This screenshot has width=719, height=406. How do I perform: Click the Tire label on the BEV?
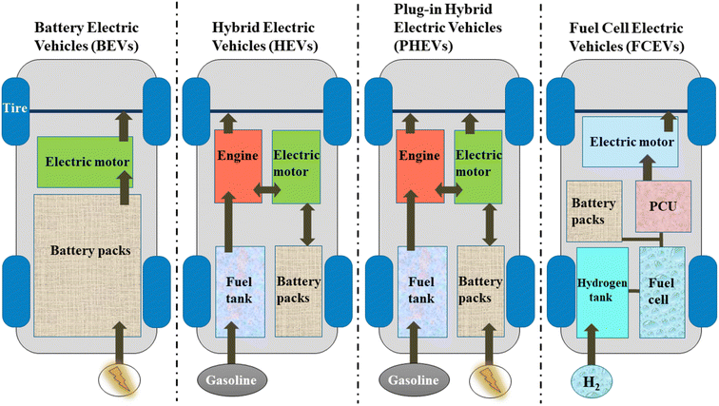[15, 109]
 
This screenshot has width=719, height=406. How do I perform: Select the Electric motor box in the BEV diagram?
[85, 161]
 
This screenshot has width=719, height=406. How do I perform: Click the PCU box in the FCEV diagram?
[661, 206]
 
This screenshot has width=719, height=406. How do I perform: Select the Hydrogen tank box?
[602, 285]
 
